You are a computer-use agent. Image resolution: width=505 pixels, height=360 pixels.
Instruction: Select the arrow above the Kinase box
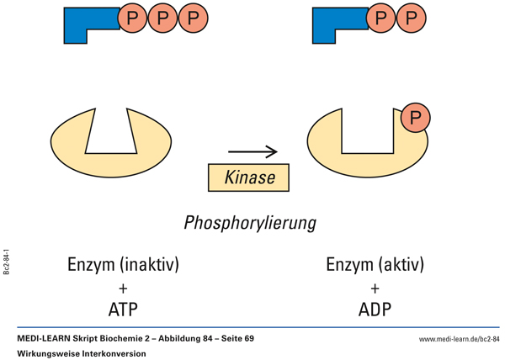click(252, 152)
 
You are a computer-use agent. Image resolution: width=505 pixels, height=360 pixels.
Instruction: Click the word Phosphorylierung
click(250, 223)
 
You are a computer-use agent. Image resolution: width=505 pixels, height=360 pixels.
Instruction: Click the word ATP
click(123, 309)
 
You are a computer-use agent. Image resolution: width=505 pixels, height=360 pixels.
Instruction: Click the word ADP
click(375, 309)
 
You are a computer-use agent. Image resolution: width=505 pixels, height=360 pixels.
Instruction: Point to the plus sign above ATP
click(123, 288)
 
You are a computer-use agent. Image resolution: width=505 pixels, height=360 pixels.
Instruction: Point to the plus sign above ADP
click(375, 288)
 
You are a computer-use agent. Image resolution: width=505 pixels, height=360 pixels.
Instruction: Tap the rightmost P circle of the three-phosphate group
click(193, 18)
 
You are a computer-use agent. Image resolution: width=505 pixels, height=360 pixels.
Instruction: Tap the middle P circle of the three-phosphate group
click(163, 18)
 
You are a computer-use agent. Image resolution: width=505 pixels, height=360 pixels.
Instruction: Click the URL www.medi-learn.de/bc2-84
click(459, 338)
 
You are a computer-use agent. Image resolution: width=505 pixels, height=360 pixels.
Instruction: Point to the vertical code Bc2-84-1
click(7, 262)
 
